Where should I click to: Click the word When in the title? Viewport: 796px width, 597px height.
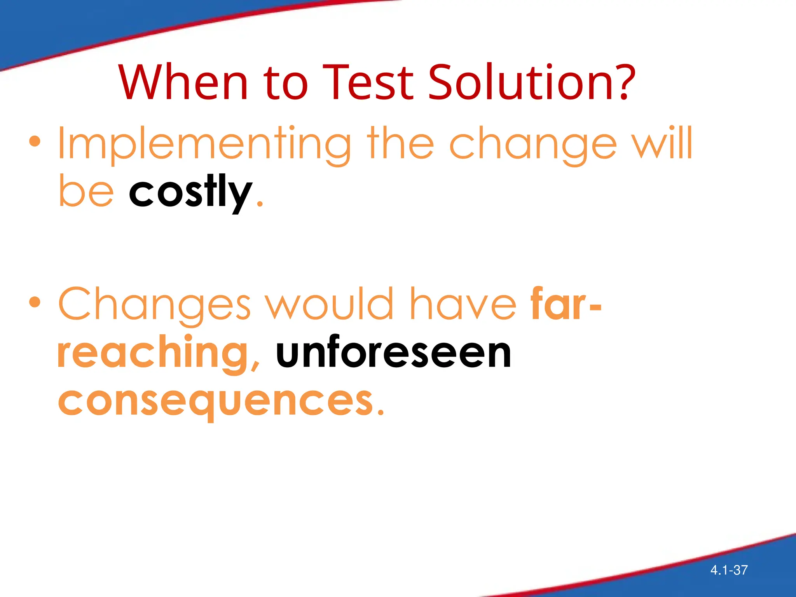pos(183,82)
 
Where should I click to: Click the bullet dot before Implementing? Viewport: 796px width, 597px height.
pos(35,141)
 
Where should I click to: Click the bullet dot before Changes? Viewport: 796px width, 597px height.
pos(35,302)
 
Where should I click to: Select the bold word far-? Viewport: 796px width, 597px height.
pos(566,304)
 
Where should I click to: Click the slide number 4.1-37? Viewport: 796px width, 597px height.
pos(729,570)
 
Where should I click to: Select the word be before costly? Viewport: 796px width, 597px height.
pos(86,192)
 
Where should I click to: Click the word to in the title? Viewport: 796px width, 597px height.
pos(286,83)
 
